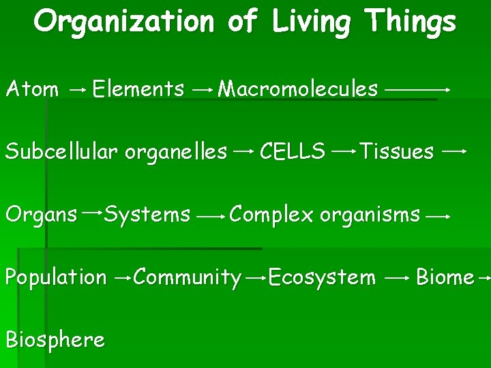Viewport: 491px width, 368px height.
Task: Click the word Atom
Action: pos(32,89)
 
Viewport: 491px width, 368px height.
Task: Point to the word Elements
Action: pos(138,89)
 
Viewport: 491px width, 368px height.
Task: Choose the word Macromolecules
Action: pos(297,89)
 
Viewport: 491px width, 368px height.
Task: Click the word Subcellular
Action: pos(63,151)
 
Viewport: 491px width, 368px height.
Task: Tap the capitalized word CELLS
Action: pos(293,151)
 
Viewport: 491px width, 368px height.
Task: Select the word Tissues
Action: pos(396,151)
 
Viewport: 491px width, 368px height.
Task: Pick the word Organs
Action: pos(41,215)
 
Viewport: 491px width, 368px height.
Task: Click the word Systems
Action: pos(147,215)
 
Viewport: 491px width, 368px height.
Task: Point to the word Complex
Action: pos(271,215)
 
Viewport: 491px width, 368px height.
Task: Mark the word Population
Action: pos(56,278)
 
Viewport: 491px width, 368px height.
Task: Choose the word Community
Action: pos(188,278)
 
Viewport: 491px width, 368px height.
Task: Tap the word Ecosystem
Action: pos(322,277)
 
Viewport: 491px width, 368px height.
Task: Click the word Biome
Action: pos(445,277)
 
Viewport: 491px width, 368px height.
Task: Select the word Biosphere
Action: pos(55,339)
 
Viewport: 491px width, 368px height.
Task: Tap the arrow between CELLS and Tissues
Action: pos(342,152)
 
